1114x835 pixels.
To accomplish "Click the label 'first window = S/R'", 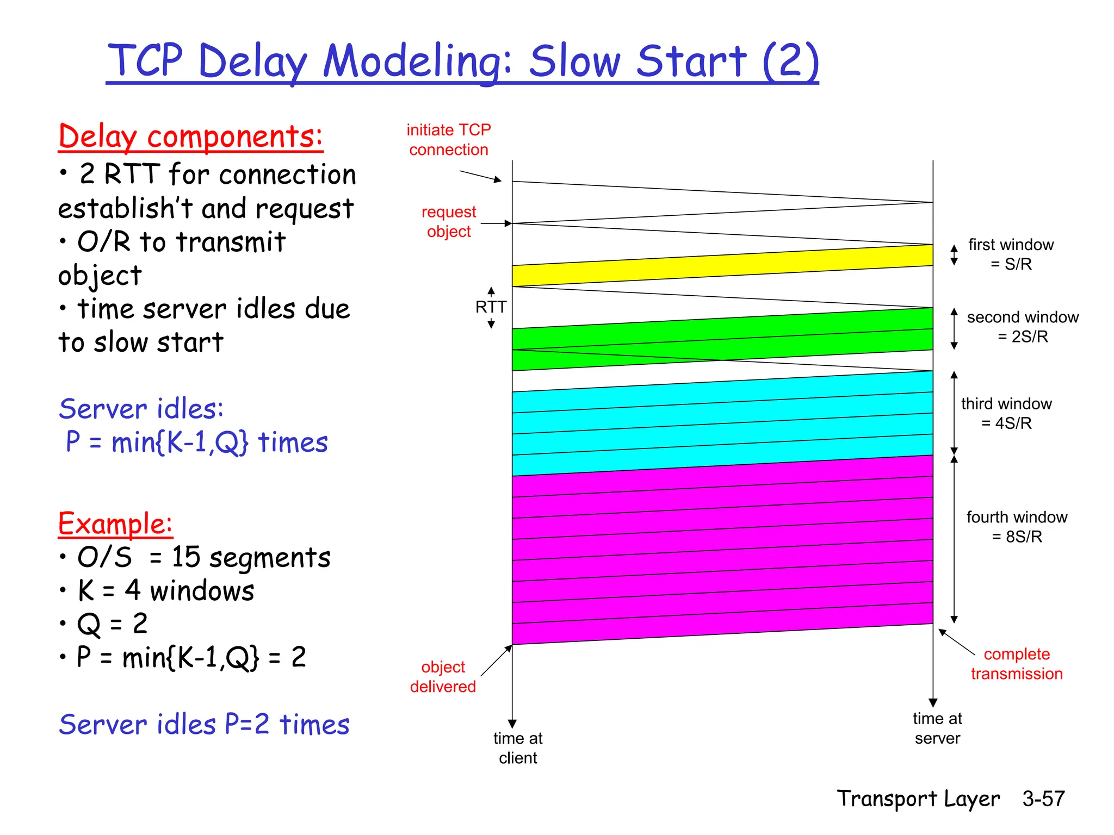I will pos(1011,254).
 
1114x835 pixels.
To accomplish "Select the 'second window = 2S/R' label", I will pos(1022,327).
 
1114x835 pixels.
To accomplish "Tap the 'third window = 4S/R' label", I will pos(1006,413).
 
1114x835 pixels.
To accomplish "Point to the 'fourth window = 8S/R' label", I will pos(1016,527).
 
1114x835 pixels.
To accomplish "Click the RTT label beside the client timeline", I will pos(491,307).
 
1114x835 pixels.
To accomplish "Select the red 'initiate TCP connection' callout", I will pos(449,140).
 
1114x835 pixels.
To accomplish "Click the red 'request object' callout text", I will pos(449,221).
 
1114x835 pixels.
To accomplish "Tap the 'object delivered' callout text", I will pos(443,677).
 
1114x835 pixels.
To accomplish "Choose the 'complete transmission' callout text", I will pos(1016,664).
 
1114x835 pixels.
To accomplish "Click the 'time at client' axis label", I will pos(517,748).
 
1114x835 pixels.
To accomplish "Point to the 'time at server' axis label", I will pos(937,728).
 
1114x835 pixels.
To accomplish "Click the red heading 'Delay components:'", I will pos(190,136).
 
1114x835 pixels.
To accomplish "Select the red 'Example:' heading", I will pos(115,524).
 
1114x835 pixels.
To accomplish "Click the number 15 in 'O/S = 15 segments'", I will pos(186,558).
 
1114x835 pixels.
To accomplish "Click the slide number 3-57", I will pos(1043,799).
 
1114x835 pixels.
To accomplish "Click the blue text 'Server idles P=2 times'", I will pos(204,725).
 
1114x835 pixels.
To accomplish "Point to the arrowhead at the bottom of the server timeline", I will pos(933,702).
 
